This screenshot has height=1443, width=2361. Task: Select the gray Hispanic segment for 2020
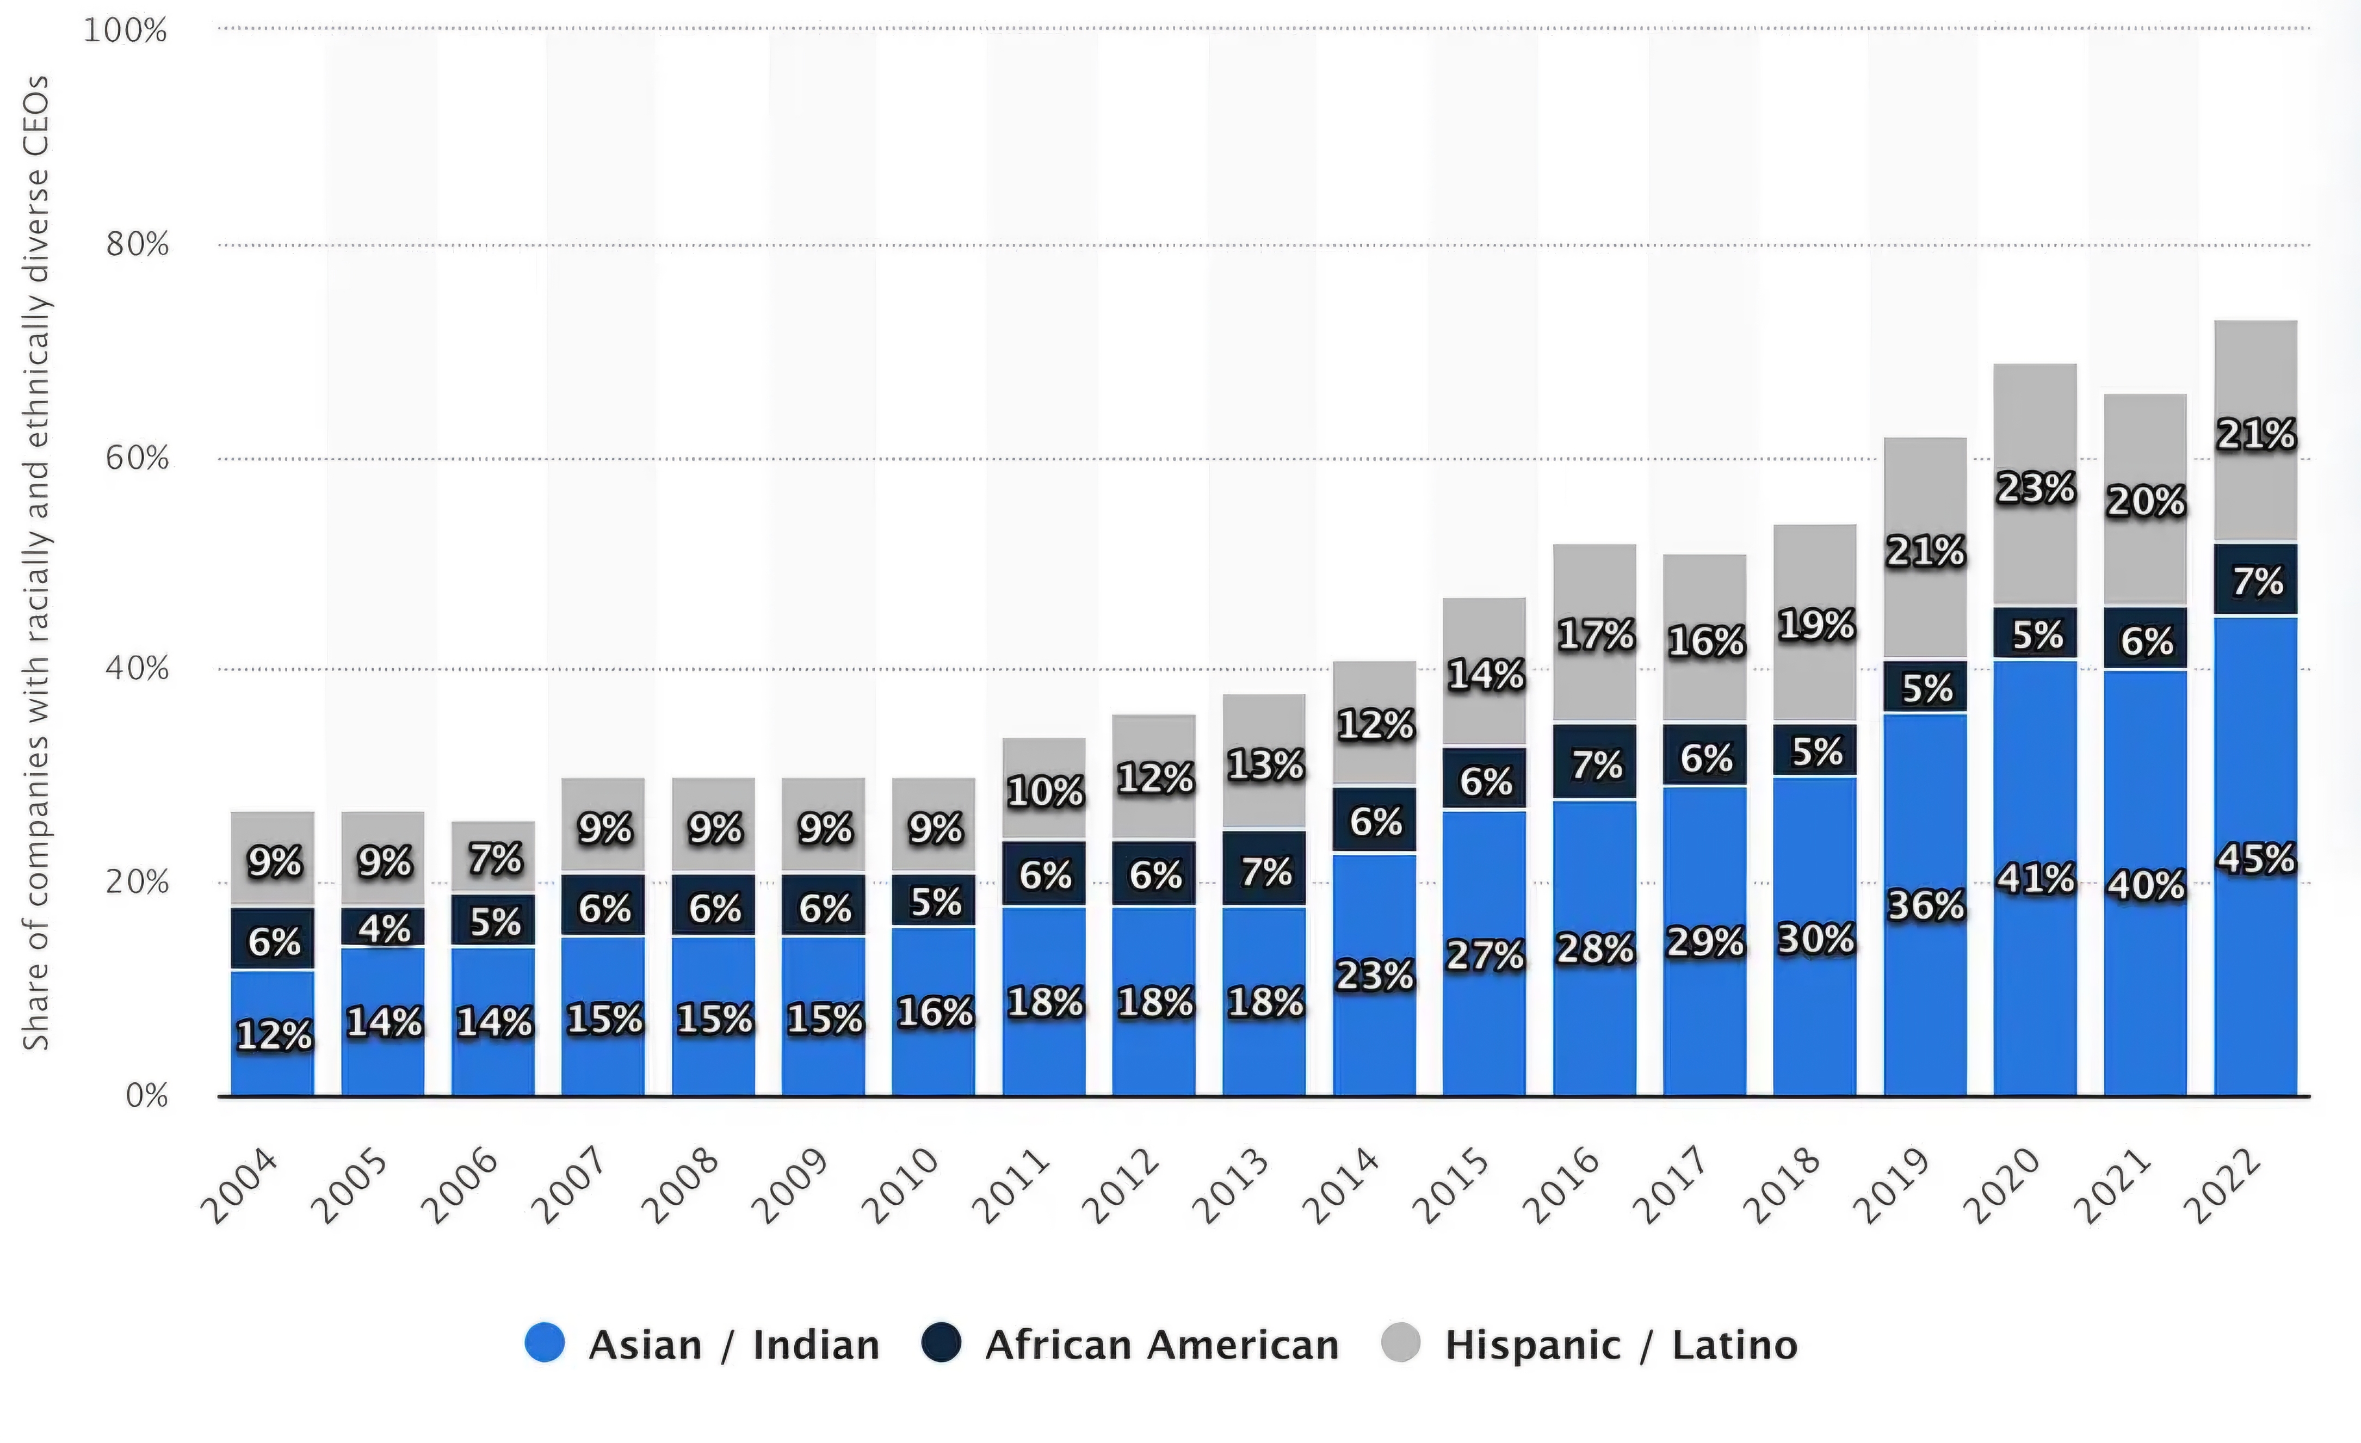pyautogui.click(x=2035, y=485)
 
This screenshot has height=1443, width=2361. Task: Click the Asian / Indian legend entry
pyautogui.click(x=701, y=1345)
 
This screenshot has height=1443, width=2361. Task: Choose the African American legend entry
pyautogui.click(x=1130, y=1345)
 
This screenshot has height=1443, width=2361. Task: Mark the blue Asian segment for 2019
pyautogui.click(x=1925, y=904)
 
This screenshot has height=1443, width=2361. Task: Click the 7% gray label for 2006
pyautogui.click(x=495, y=858)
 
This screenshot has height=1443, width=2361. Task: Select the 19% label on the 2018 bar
pyautogui.click(x=1816, y=625)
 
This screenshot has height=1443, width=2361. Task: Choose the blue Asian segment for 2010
pyautogui.click(x=934, y=1011)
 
